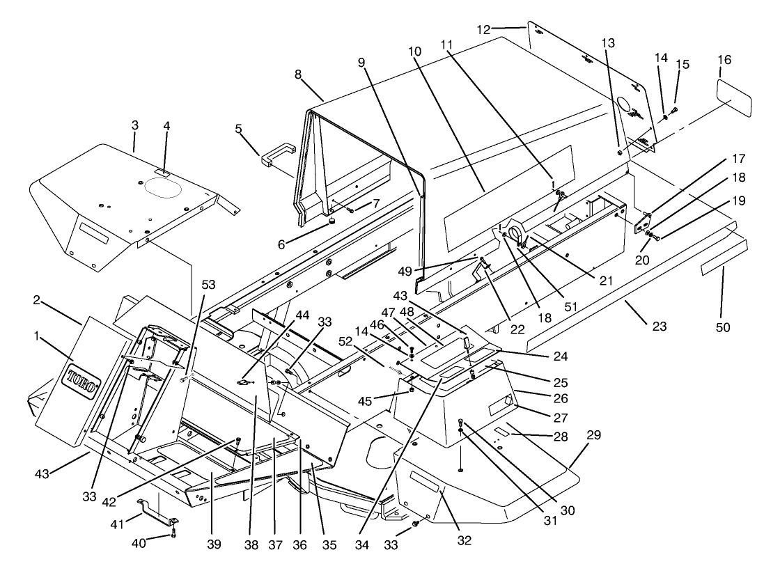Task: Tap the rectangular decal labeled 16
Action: coord(734,100)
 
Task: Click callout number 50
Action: coord(723,327)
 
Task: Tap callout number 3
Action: coord(134,125)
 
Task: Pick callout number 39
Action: coord(214,544)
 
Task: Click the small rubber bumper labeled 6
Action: coord(333,221)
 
